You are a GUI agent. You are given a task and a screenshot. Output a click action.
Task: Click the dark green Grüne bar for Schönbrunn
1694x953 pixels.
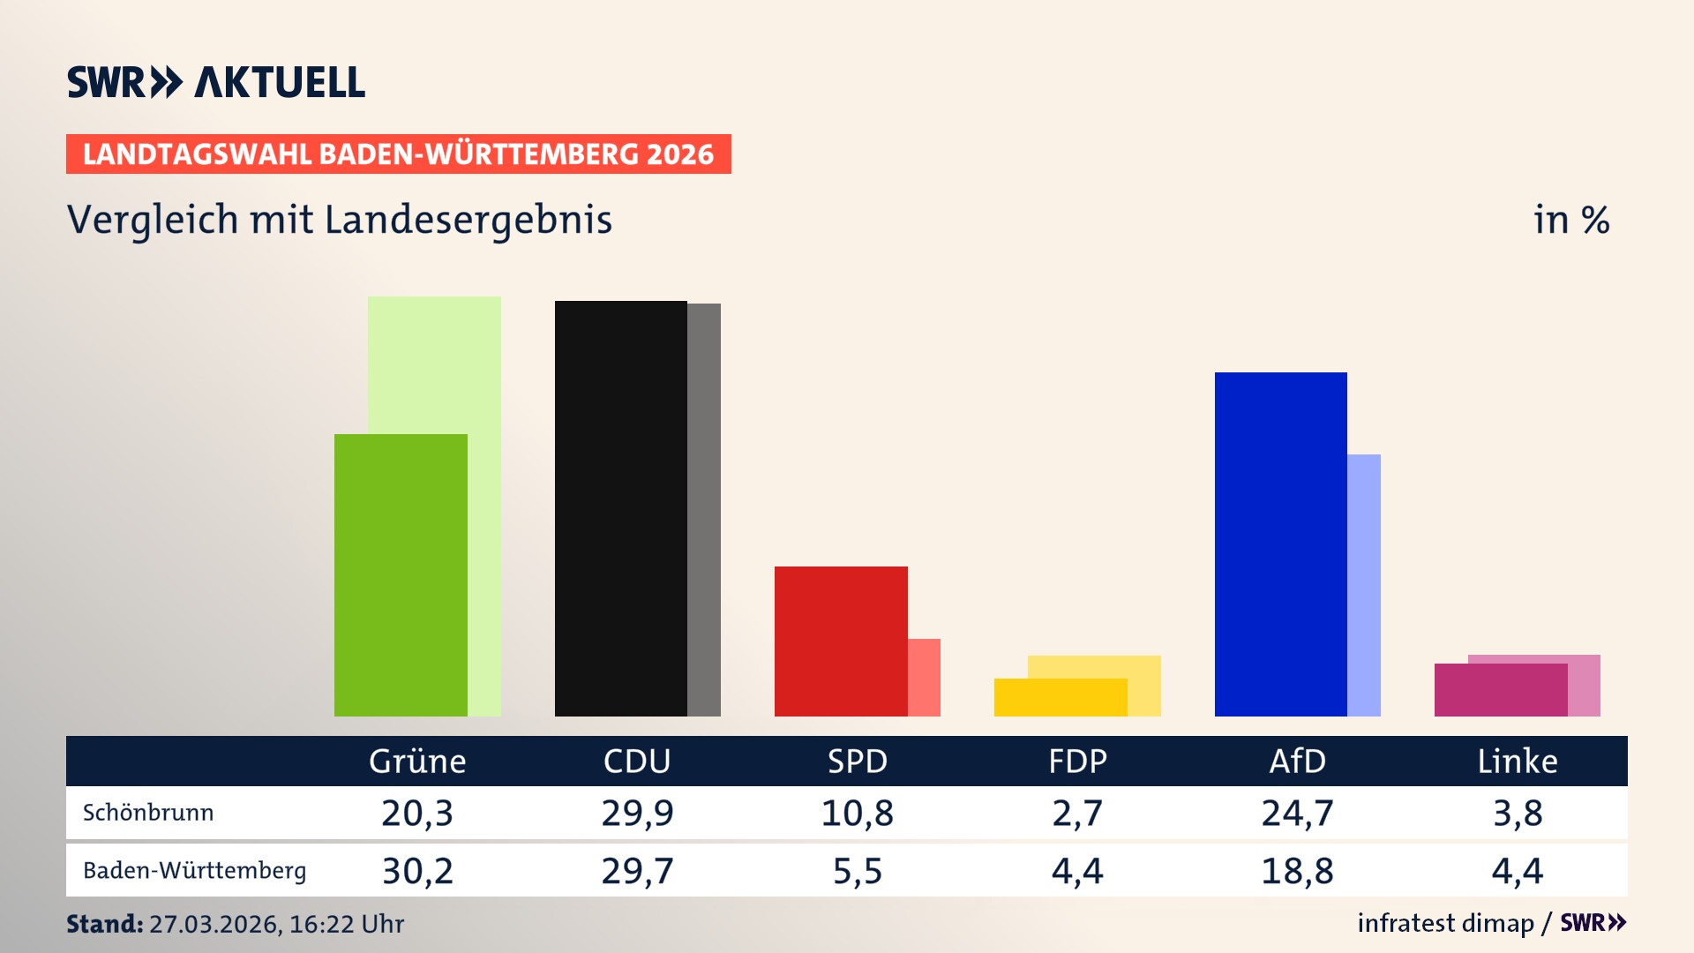tap(401, 574)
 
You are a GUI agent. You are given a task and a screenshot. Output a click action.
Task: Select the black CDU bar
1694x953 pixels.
tap(620, 508)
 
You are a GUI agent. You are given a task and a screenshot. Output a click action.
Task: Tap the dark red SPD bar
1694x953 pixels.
tap(840, 641)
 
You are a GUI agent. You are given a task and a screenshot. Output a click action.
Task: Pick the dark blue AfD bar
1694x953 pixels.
tap(1280, 544)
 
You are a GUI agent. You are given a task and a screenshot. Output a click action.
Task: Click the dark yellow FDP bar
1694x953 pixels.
tap(1060, 697)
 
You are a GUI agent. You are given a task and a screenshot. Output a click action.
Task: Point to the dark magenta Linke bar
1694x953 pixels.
tap(1500, 690)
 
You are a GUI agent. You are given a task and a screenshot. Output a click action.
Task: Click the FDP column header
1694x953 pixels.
tap(1077, 761)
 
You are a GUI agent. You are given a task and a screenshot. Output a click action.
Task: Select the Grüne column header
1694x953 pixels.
tap(417, 761)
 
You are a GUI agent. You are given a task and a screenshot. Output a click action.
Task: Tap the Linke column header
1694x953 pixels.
tap(1518, 761)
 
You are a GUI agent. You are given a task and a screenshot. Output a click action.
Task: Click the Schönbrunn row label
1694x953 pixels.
tap(148, 813)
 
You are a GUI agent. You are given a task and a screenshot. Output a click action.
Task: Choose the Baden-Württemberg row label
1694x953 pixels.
tap(194, 871)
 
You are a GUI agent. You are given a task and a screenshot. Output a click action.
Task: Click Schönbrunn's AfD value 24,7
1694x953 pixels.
tap(1297, 813)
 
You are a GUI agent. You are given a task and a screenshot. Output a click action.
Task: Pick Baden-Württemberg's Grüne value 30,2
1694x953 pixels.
tap(417, 871)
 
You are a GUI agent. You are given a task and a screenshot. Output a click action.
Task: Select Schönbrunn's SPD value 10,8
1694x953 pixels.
tap(857, 813)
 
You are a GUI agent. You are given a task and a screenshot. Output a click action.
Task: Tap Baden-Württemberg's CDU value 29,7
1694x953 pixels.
tap(637, 871)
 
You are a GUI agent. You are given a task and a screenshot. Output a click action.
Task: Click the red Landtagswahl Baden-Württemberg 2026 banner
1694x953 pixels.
tap(398, 154)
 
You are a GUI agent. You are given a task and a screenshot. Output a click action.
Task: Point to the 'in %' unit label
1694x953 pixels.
tap(1571, 220)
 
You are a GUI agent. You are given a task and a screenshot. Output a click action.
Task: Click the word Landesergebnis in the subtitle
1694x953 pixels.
tap(468, 221)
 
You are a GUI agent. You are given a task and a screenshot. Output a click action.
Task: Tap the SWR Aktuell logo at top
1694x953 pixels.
tap(216, 82)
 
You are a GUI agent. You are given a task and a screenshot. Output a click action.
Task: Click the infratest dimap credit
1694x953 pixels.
tap(1445, 923)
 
